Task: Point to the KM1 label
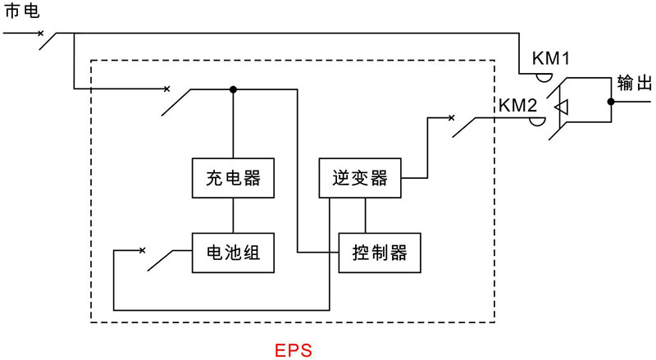[x=551, y=59]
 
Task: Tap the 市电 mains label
[x=22, y=13]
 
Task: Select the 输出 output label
[x=632, y=83]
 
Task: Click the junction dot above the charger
[x=233, y=89]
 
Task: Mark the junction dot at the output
[x=611, y=103]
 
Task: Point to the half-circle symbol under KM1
[x=543, y=75]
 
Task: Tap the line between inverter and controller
[x=366, y=215]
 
